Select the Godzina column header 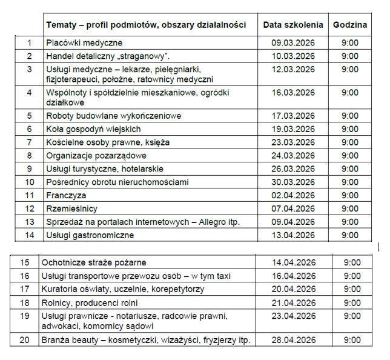click(x=349, y=25)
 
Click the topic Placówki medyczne click(x=84, y=43)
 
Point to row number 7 click(x=29, y=142)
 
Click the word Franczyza click(x=66, y=195)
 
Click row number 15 click(x=24, y=262)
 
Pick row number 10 click(x=29, y=182)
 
